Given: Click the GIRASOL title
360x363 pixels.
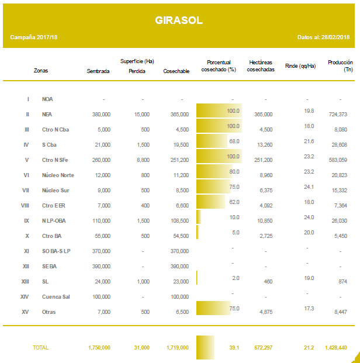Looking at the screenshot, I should [x=179, y=20].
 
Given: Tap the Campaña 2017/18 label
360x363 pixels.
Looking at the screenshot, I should [x=34, y=37].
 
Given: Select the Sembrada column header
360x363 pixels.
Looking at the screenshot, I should [x=98, y=71].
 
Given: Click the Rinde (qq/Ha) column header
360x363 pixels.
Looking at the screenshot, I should [x=300, y=66].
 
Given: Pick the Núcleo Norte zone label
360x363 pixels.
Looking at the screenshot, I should [x=58, y=175].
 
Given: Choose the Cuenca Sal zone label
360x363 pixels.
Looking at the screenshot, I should [x=57, y=296].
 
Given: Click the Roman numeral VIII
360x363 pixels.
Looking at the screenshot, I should [x=25, y=205].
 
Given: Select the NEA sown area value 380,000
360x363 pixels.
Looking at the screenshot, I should [x=101, y=114].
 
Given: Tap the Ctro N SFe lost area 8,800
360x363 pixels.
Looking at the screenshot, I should [x=141, y=160].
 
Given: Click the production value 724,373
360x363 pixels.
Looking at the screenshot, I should [x=338, y=114].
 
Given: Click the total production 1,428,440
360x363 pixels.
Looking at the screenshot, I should [x=335, y=347].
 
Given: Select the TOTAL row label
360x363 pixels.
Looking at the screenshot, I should [x=40, y=347].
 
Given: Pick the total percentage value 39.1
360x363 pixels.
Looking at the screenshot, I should [x=235, y=347].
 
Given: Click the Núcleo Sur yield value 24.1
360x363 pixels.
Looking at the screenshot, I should [x=309, y=186].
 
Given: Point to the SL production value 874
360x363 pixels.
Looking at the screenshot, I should [x=343, y=281].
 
